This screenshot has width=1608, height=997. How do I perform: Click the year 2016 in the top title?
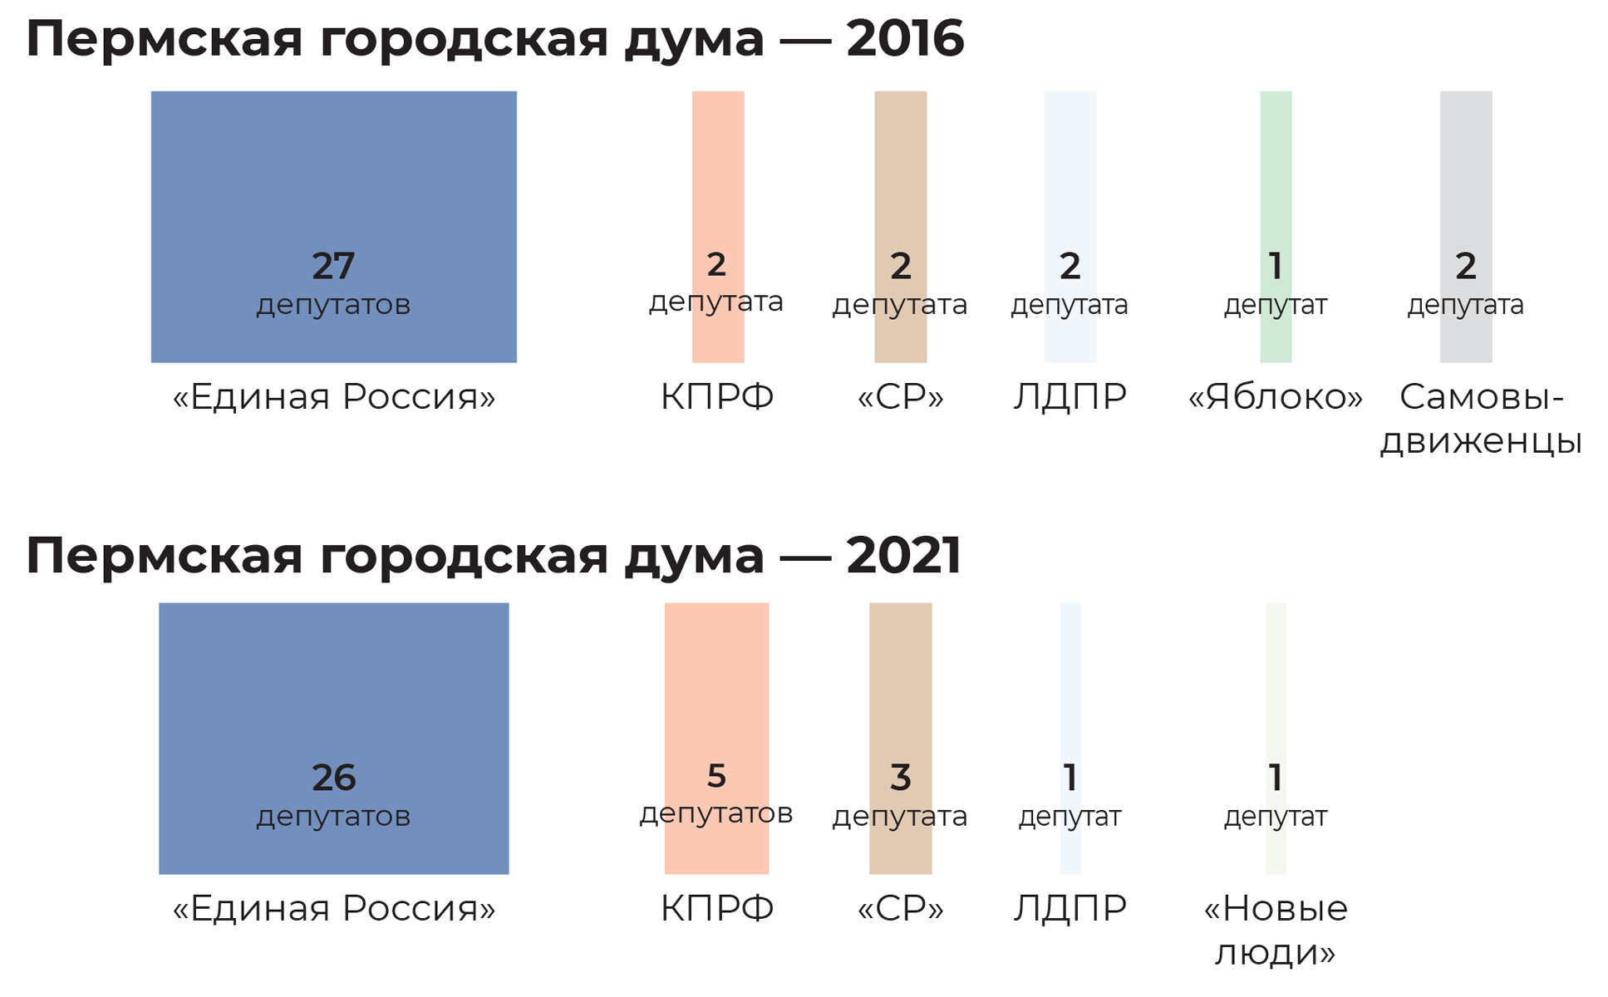click(905, 39)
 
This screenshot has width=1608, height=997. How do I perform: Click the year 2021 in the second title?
click(903, 555)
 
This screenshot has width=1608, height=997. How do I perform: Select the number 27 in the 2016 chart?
click(333, 267)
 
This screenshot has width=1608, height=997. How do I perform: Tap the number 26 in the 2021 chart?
click(333, 778)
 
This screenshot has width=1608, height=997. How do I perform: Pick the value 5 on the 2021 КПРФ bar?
click(716, 776)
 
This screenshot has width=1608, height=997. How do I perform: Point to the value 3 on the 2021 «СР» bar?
click(900, 778)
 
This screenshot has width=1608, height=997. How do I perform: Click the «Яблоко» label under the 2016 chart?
click(1275, 397)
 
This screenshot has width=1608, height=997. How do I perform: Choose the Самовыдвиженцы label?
click(1481, 419)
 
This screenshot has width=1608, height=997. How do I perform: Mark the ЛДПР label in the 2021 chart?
click(1070, 909)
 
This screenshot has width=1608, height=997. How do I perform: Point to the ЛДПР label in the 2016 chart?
click(1070, 397)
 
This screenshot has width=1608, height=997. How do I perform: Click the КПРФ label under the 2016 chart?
click(717, 397)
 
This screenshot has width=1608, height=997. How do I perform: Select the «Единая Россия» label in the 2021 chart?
click(333, 909)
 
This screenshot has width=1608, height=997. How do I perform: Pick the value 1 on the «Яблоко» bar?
click(1275, 267)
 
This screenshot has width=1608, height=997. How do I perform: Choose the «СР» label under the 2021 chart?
click(900, 909)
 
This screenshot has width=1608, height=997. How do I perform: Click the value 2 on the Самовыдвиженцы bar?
click(1465, 267)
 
